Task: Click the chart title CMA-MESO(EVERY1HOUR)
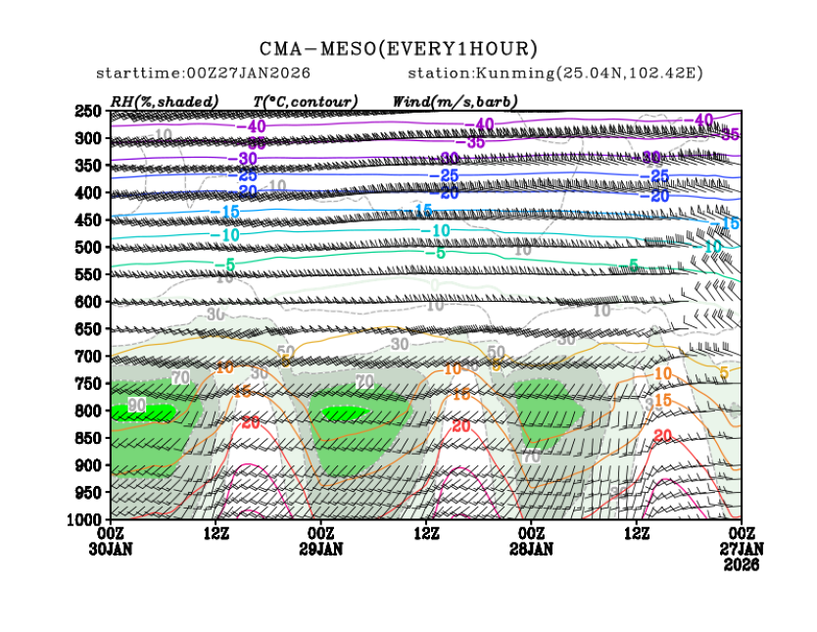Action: click(x=399, y=48)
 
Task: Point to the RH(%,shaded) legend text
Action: click(x=165, y=101)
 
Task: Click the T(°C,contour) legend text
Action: click(x=306, y=101)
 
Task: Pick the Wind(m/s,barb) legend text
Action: click(x=455, y=101)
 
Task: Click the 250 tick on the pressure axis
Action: click(x=89, y=112)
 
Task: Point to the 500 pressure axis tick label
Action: click(x=89, y=248)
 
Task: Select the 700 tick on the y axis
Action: click(x=89, y=357)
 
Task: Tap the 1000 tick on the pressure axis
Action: click(x=85, y=518)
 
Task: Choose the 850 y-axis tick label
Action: click(x=89, y=437)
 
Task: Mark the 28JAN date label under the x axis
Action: click(x=532, y=549)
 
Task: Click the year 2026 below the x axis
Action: click(x=741, y=564)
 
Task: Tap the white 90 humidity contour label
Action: click(x=136, y=406)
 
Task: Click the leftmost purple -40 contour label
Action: click(x=251, y=127)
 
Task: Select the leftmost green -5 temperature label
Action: click(x=225, y=265)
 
